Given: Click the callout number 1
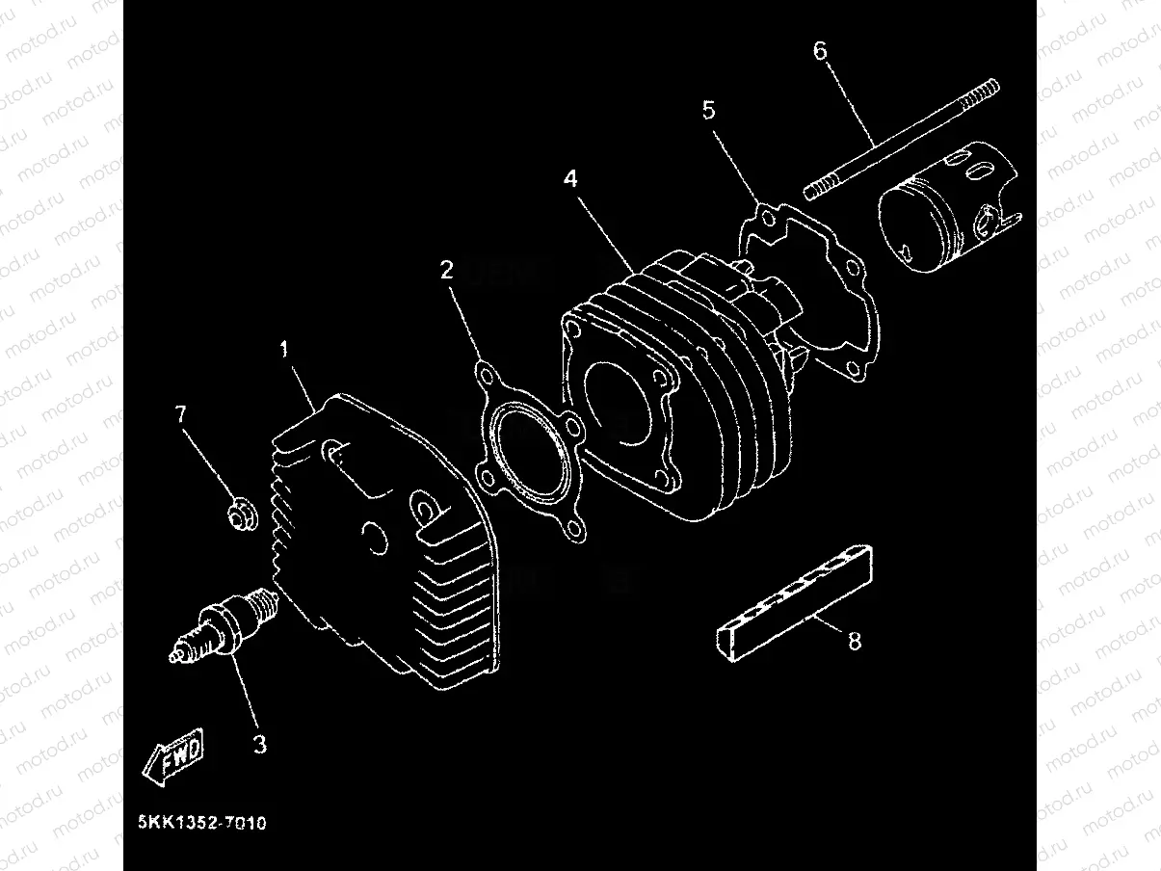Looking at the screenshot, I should point(284,350).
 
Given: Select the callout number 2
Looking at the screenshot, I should point(446,270).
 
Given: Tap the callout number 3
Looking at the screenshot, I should point(259,744).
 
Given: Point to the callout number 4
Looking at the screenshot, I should point(570,178).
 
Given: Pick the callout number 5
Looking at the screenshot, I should point(709,110).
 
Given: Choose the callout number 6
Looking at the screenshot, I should point(820,51).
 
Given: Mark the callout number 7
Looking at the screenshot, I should point(180,415).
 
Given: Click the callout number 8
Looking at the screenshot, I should point(855,641).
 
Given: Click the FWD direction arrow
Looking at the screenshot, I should point(174,752).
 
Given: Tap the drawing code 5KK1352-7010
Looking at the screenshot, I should point(201,824).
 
